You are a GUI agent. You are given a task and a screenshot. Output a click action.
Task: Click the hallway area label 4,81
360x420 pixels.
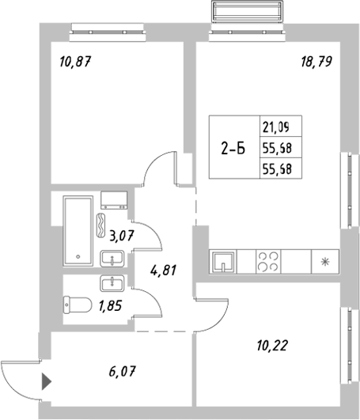[x=162, y=269]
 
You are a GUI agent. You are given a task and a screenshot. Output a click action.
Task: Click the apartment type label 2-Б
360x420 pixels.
[x=232, y=147]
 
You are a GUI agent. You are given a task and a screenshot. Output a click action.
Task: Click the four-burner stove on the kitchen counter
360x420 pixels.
[x=268, y=260]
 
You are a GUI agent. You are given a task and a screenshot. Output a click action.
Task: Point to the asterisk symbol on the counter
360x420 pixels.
[x=324, y=260]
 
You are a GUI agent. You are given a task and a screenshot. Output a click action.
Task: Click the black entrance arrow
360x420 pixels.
[x=46, y=382]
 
